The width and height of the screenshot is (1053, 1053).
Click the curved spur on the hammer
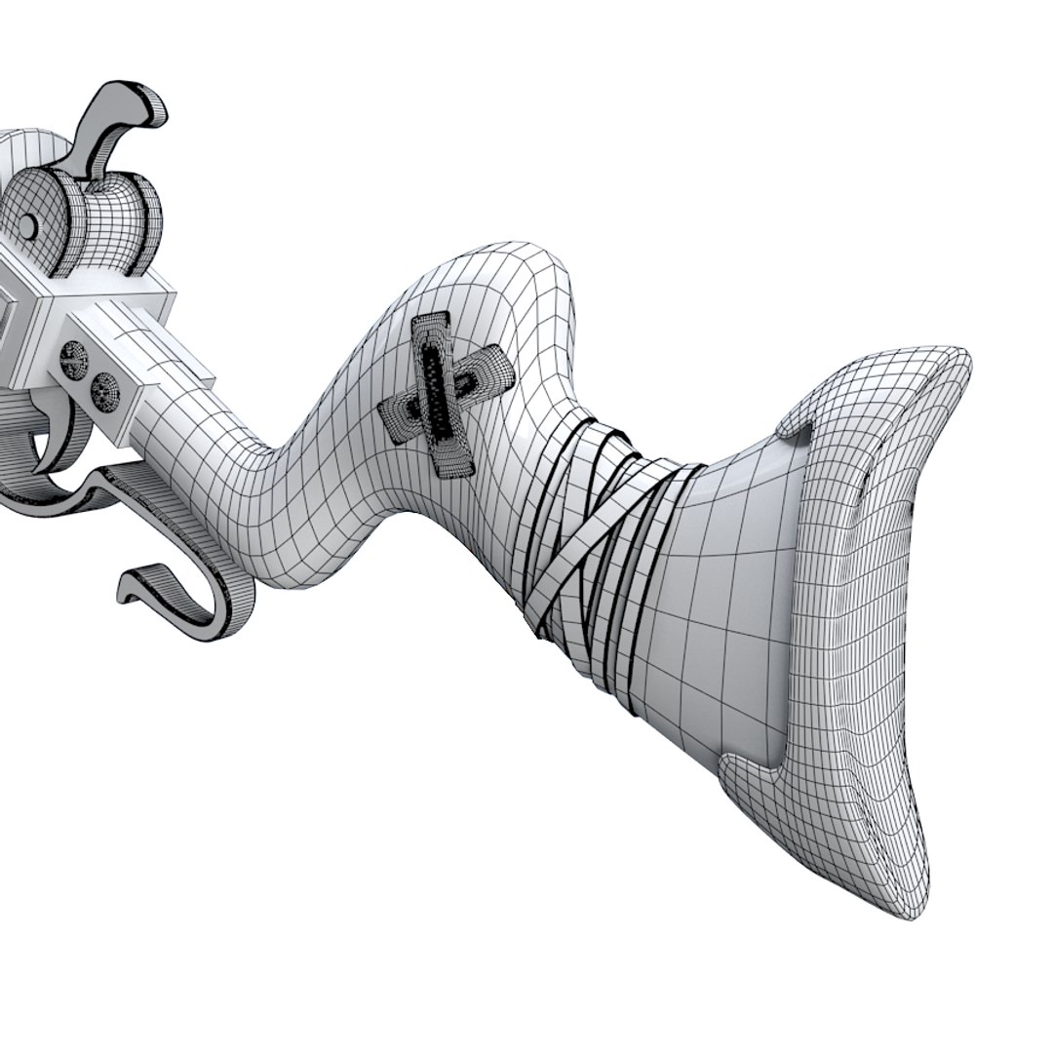point(125,113)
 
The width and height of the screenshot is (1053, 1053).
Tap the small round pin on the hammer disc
point(28,226)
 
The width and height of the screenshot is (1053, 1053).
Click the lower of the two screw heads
point(103,391)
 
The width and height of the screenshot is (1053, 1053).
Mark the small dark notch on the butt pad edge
point(911,508)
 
